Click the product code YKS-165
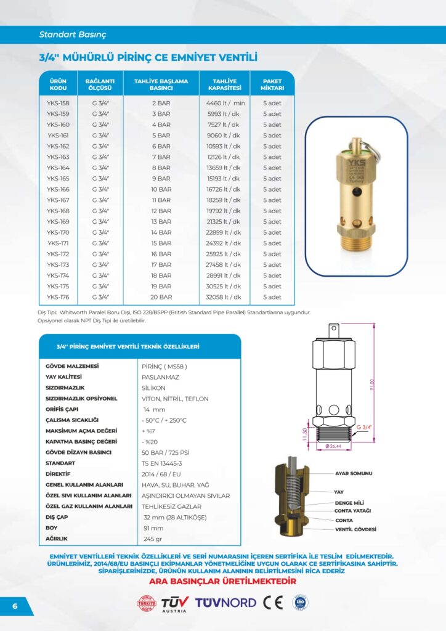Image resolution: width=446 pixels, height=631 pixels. pos(58,179)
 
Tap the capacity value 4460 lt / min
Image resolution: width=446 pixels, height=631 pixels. pos(225,104)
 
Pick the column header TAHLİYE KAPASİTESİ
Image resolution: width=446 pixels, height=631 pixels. pos(225,84)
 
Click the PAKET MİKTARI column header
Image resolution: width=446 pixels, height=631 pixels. pos(272,84)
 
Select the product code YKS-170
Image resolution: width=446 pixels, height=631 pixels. pos(58,233)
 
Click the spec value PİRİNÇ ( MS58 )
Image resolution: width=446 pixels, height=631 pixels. pos(164,367)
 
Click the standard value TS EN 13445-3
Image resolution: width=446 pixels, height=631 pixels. pos(162,463)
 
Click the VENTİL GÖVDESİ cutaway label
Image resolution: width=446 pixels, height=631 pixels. pos(355,529)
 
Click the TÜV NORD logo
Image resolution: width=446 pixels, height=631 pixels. pos(225,602)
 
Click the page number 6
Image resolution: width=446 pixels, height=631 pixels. pos(14,606)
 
